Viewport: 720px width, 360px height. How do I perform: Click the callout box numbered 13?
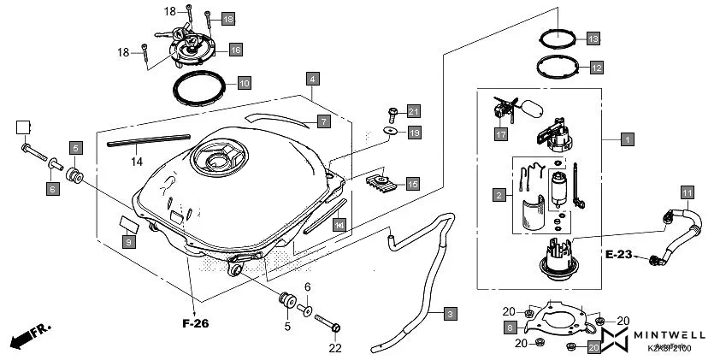(593, 38)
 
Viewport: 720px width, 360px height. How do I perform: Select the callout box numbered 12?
(596, 67)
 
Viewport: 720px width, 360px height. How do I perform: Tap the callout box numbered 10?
(244, 84)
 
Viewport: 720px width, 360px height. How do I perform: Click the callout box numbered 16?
(235, 50)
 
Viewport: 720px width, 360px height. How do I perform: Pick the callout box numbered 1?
(628, 138)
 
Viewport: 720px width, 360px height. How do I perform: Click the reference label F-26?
(196, 324)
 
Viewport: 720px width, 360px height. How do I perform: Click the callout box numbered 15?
(412, 184)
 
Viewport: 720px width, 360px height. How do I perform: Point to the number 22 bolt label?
(334, 348)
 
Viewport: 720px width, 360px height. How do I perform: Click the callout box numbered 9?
(128, 243)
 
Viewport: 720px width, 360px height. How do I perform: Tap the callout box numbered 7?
(323, 121)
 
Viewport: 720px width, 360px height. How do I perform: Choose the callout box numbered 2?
(498, 196)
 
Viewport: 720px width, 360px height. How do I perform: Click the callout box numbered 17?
(501, 134)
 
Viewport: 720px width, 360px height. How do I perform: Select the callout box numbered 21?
(413, 111)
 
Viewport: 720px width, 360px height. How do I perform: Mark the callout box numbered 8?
(510, 328)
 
